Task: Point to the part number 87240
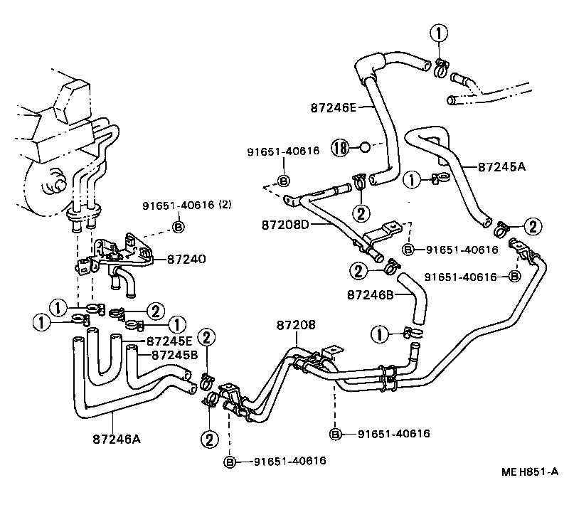point(186,260)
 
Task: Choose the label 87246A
point(116,439)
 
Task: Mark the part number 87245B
point(174,354)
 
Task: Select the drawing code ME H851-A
point(530,472)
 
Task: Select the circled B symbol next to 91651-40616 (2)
point(178,228)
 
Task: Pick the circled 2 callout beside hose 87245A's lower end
point(531,227)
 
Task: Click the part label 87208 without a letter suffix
point(295,324)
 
